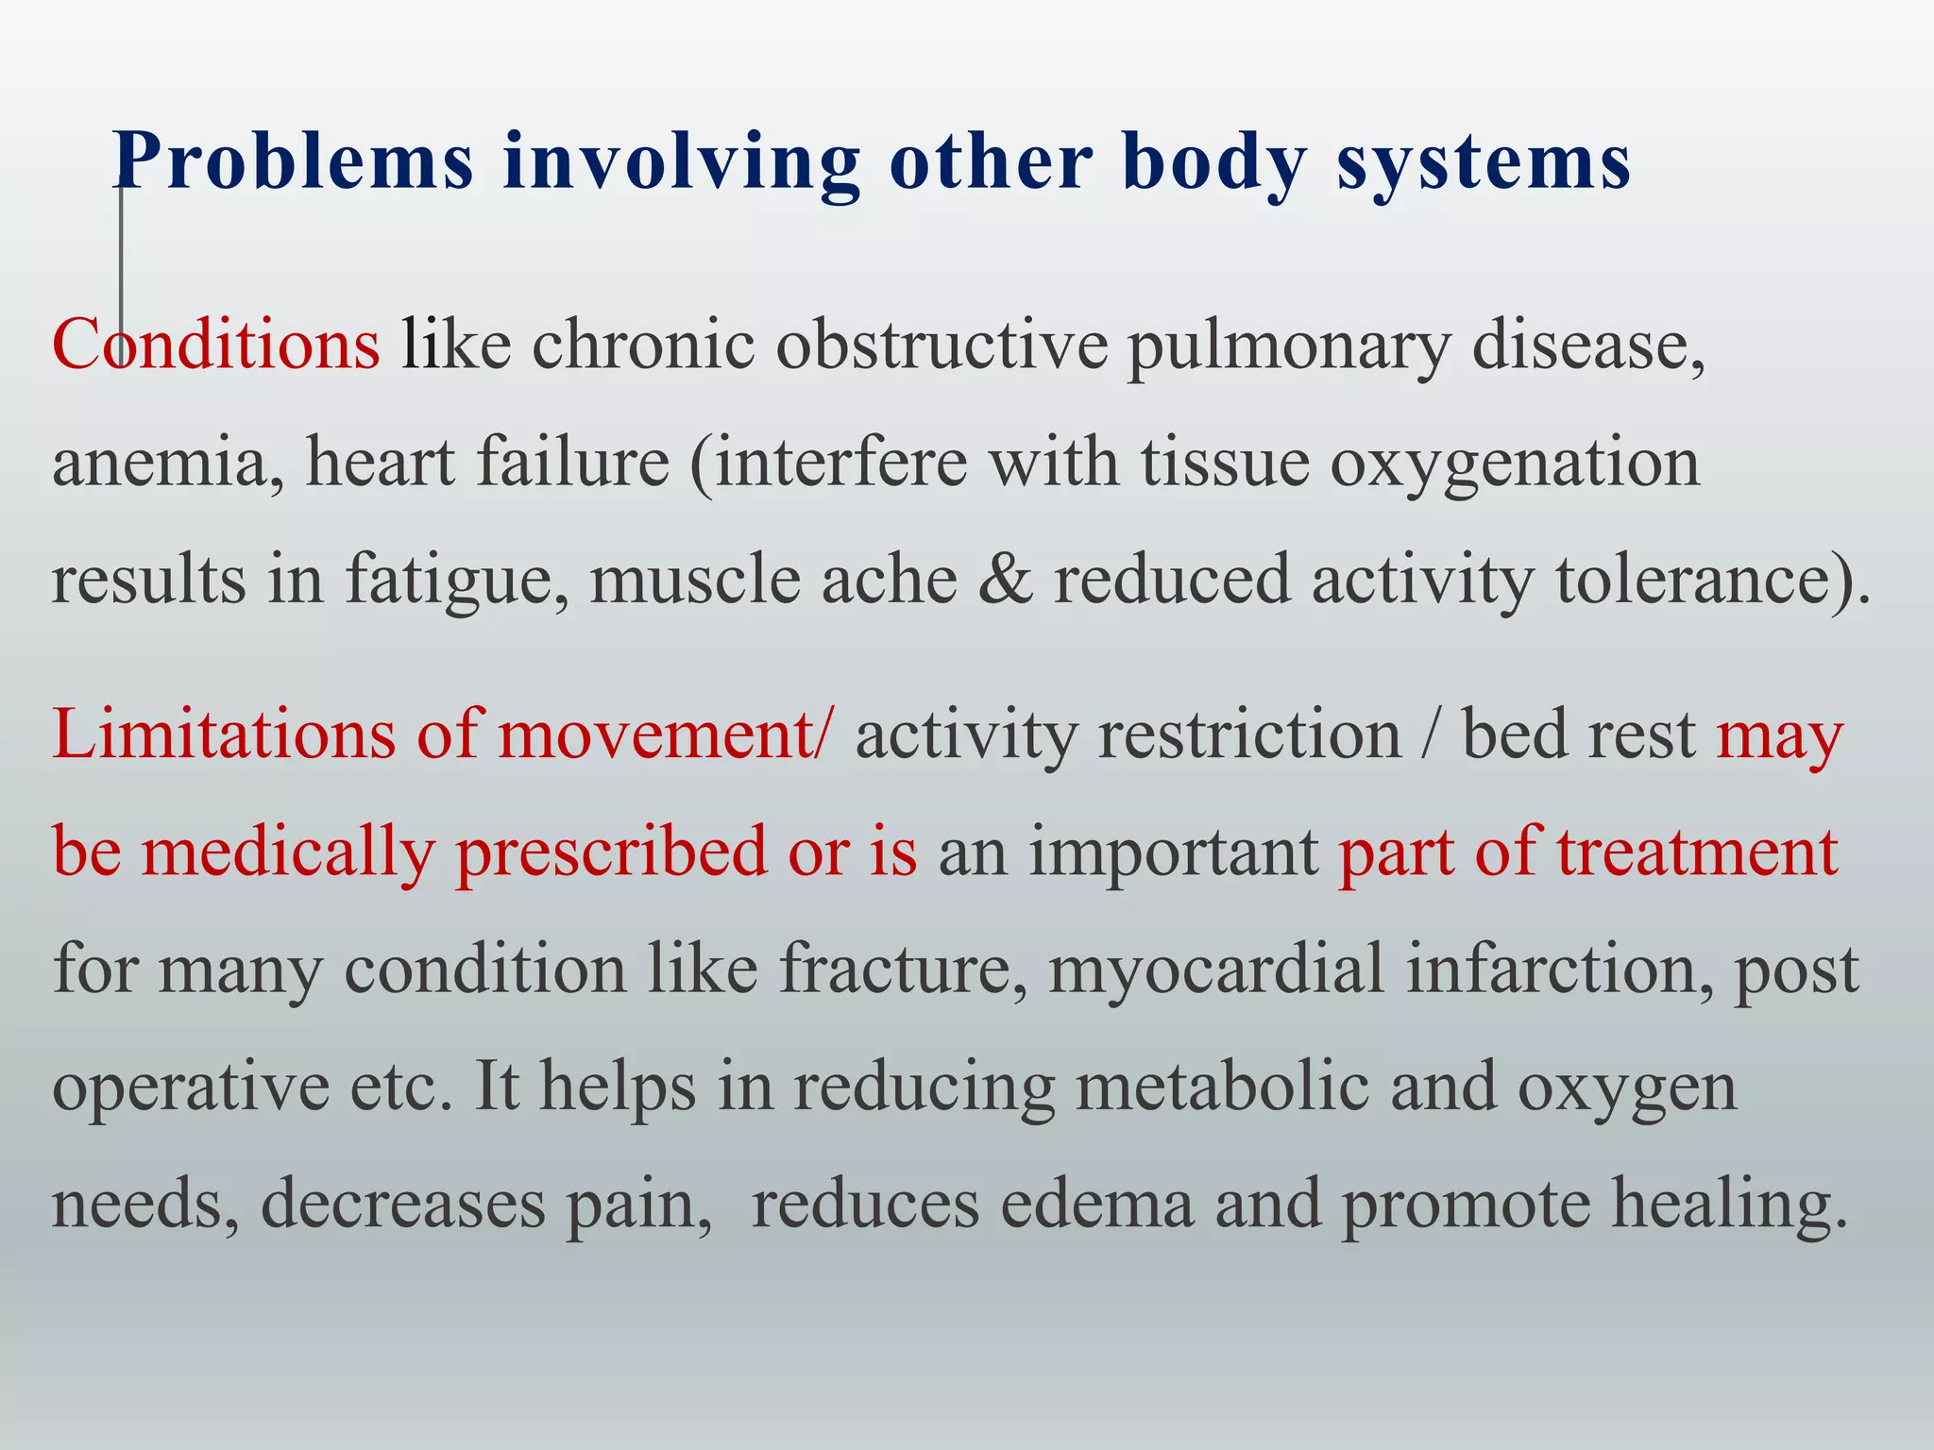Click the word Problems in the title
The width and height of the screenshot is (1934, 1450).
293,162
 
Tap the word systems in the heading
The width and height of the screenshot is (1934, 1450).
1483,162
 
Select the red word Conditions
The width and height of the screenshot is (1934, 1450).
216,345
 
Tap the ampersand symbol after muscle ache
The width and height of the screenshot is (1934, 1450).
1005,580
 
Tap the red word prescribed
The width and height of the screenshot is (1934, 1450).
612,851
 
